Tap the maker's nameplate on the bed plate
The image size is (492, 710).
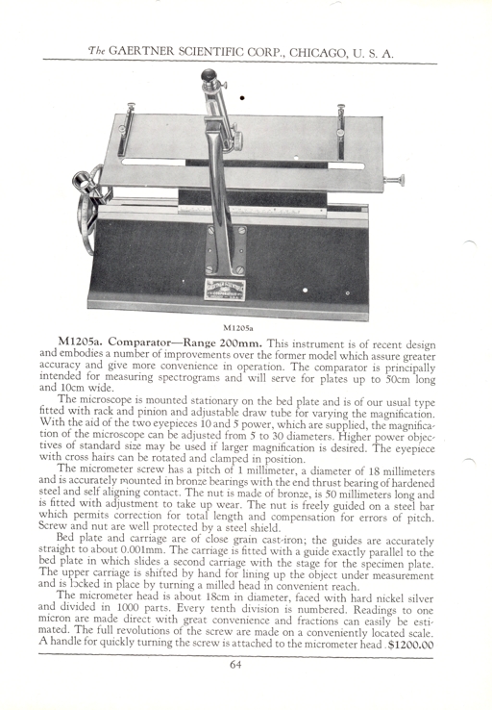225,289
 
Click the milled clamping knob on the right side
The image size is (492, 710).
394,180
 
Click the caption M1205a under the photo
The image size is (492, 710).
232,327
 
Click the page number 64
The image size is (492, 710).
235,664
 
